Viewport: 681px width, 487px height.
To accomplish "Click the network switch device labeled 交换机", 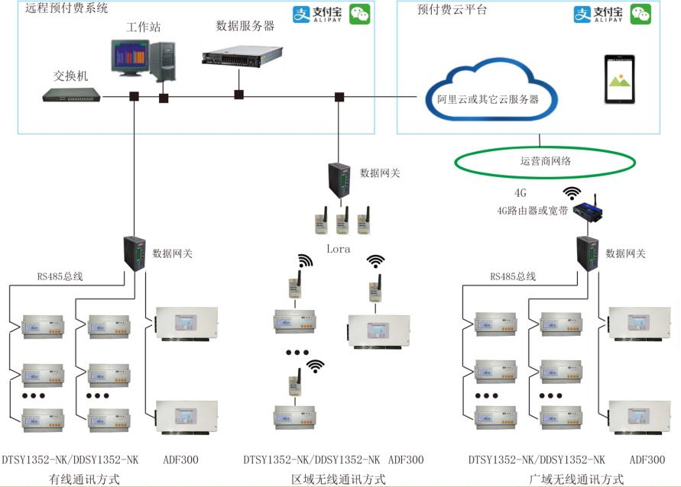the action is click(x=71, y=95).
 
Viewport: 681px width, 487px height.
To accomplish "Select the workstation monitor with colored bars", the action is click(x=130, y=58).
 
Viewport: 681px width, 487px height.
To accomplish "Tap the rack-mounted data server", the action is click(x=242, y=56).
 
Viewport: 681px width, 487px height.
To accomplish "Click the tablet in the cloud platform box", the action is click(x=620, y=79).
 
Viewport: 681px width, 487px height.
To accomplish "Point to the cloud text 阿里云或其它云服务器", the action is click(x=488, y=99).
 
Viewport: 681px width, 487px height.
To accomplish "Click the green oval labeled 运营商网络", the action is click(x=545, y=162).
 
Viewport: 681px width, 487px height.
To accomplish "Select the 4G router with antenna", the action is click(x=588, y=209).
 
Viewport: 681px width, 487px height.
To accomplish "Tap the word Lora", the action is click(x=339, y=249).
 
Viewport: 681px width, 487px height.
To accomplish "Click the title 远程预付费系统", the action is click(x=66, y=8).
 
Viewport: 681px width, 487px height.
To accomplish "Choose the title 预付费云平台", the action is click(x=452, y=9).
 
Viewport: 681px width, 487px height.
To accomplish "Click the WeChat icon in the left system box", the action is click(x=360, y=14).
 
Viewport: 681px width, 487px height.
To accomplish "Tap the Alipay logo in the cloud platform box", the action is click(x=598, y=15).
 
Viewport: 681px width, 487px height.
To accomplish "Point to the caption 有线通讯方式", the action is click(x=84, y=479).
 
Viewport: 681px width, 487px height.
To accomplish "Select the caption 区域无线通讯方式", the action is click(x=339, y=479).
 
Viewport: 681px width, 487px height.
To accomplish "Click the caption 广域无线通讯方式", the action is click(x=576, y=479).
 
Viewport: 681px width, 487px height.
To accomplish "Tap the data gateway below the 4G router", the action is click(x=588, y=254).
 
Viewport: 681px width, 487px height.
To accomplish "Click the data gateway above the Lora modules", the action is click(x=339, y=180).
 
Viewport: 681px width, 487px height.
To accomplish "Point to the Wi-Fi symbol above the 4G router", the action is click(x=572, y=193).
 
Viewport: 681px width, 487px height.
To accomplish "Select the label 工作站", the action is click(x=144, y=27).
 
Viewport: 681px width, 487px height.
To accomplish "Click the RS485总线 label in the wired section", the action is click(x=60, y=276).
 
